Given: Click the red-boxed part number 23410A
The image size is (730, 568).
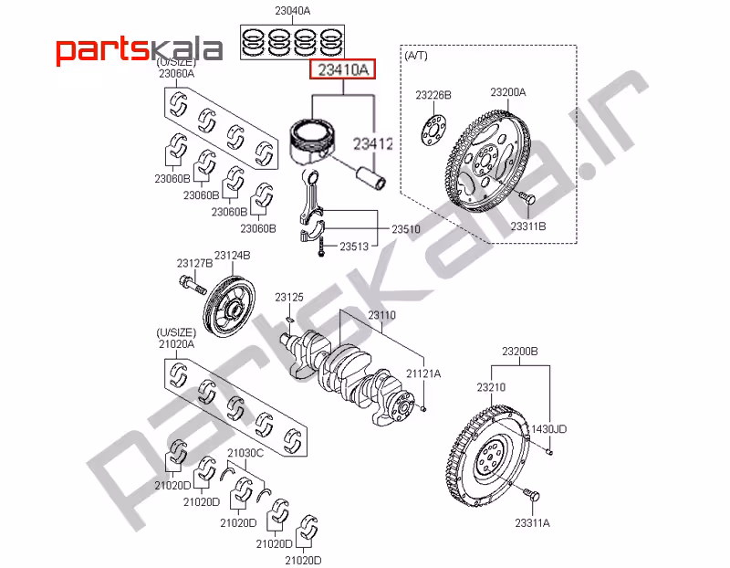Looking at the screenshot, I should point(342,68).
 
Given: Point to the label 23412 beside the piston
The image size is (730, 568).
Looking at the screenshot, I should point(372,143).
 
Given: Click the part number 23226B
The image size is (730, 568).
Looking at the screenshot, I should point(433,95).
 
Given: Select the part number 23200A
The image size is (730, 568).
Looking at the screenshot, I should point(507,92).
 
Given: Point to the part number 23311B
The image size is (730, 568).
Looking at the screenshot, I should point(527,226).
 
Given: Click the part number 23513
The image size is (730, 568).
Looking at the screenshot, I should point(354,247).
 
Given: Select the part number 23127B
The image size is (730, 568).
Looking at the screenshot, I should point(194,263).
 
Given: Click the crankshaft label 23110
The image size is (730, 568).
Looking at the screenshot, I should point(382,315).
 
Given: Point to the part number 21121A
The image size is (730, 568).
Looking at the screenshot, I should point(423,373).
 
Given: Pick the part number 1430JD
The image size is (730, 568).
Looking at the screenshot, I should point(547,428).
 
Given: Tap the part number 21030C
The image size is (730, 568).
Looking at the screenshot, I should point(245,452).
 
